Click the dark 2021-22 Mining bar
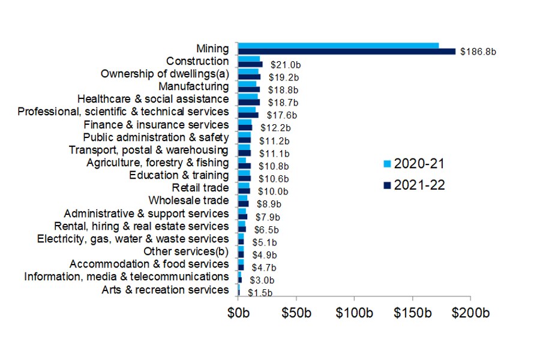point(347,52)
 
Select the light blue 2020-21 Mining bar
point(338,46)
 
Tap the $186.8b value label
point(478,52)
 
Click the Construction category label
point(197,61)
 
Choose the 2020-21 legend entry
point(413,164)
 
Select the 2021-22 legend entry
point(413,185)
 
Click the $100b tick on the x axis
point(355,314)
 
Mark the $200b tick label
point(470,314)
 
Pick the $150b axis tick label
point(413,314)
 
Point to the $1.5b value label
point(260,293)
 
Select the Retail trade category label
point(200,188)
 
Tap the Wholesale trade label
point(188,200)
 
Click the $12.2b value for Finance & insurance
point(275,128)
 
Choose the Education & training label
point(179,175)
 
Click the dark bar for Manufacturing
point(249,89)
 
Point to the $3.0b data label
point(262,280)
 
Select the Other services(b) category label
point(186,251)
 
